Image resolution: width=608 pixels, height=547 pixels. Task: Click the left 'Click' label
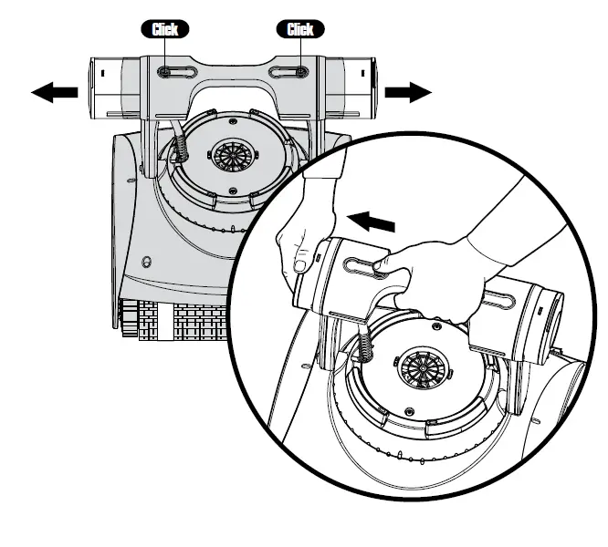coord(164,29)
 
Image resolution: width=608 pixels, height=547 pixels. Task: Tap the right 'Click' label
coord(300,29)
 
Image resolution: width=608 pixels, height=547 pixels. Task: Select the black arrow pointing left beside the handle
coord(54,93)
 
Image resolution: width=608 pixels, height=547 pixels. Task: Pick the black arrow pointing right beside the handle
coord(407,91)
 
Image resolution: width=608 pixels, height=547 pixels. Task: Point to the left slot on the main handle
coord(164,70)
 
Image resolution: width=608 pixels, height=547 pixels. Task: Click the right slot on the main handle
coord(300,70)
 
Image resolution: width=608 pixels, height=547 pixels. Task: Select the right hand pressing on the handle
coord(438,273)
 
